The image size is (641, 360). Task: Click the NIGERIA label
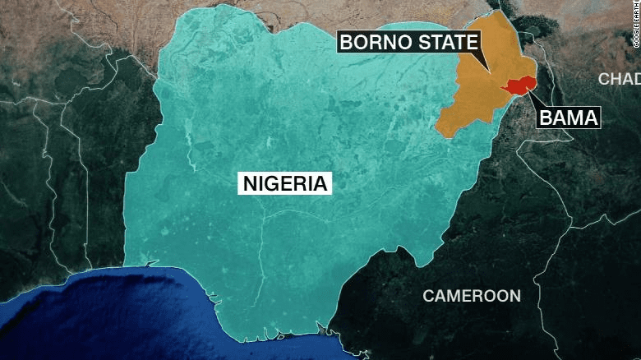284,182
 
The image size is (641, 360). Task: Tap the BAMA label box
569,118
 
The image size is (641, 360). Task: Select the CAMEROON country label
471,295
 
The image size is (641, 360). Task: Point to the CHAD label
619,79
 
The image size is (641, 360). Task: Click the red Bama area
520,85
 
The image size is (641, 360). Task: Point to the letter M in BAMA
576,118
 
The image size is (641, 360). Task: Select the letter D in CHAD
635,79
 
